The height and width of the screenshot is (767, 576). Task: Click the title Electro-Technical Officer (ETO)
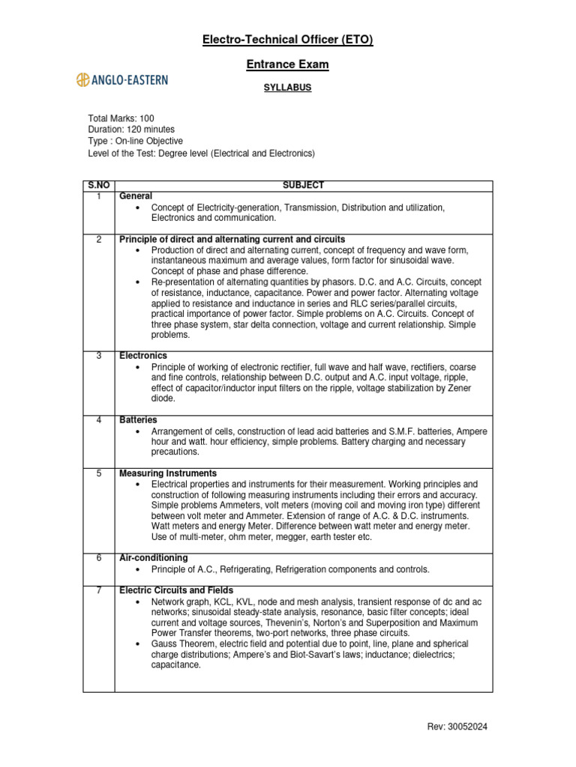(287, 40)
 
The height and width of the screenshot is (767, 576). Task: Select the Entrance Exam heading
(287, 64)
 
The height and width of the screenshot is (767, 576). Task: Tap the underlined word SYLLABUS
(287, 88)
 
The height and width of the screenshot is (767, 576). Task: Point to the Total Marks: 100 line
(121, 118)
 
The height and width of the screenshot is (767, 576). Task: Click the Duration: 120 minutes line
(131, 130)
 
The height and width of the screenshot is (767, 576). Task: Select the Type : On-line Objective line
(135, 141)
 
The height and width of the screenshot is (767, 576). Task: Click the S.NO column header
(98, 185)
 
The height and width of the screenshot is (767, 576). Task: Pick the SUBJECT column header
(303, 185)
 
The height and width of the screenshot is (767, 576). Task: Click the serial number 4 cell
(98, 420)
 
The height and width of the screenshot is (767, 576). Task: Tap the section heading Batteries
(138, 420)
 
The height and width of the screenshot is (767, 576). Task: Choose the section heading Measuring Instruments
(168, 473)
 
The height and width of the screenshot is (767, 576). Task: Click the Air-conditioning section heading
(154, 558)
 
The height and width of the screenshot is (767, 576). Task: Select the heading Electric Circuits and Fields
(176, 590)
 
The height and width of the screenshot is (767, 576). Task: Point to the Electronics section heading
(143, 355)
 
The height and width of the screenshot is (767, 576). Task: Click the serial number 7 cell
(98, 590)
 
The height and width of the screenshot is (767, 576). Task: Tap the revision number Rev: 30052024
(457, 727)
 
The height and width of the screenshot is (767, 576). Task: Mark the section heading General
(136, 195)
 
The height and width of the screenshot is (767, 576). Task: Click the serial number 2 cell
(98, 239)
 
